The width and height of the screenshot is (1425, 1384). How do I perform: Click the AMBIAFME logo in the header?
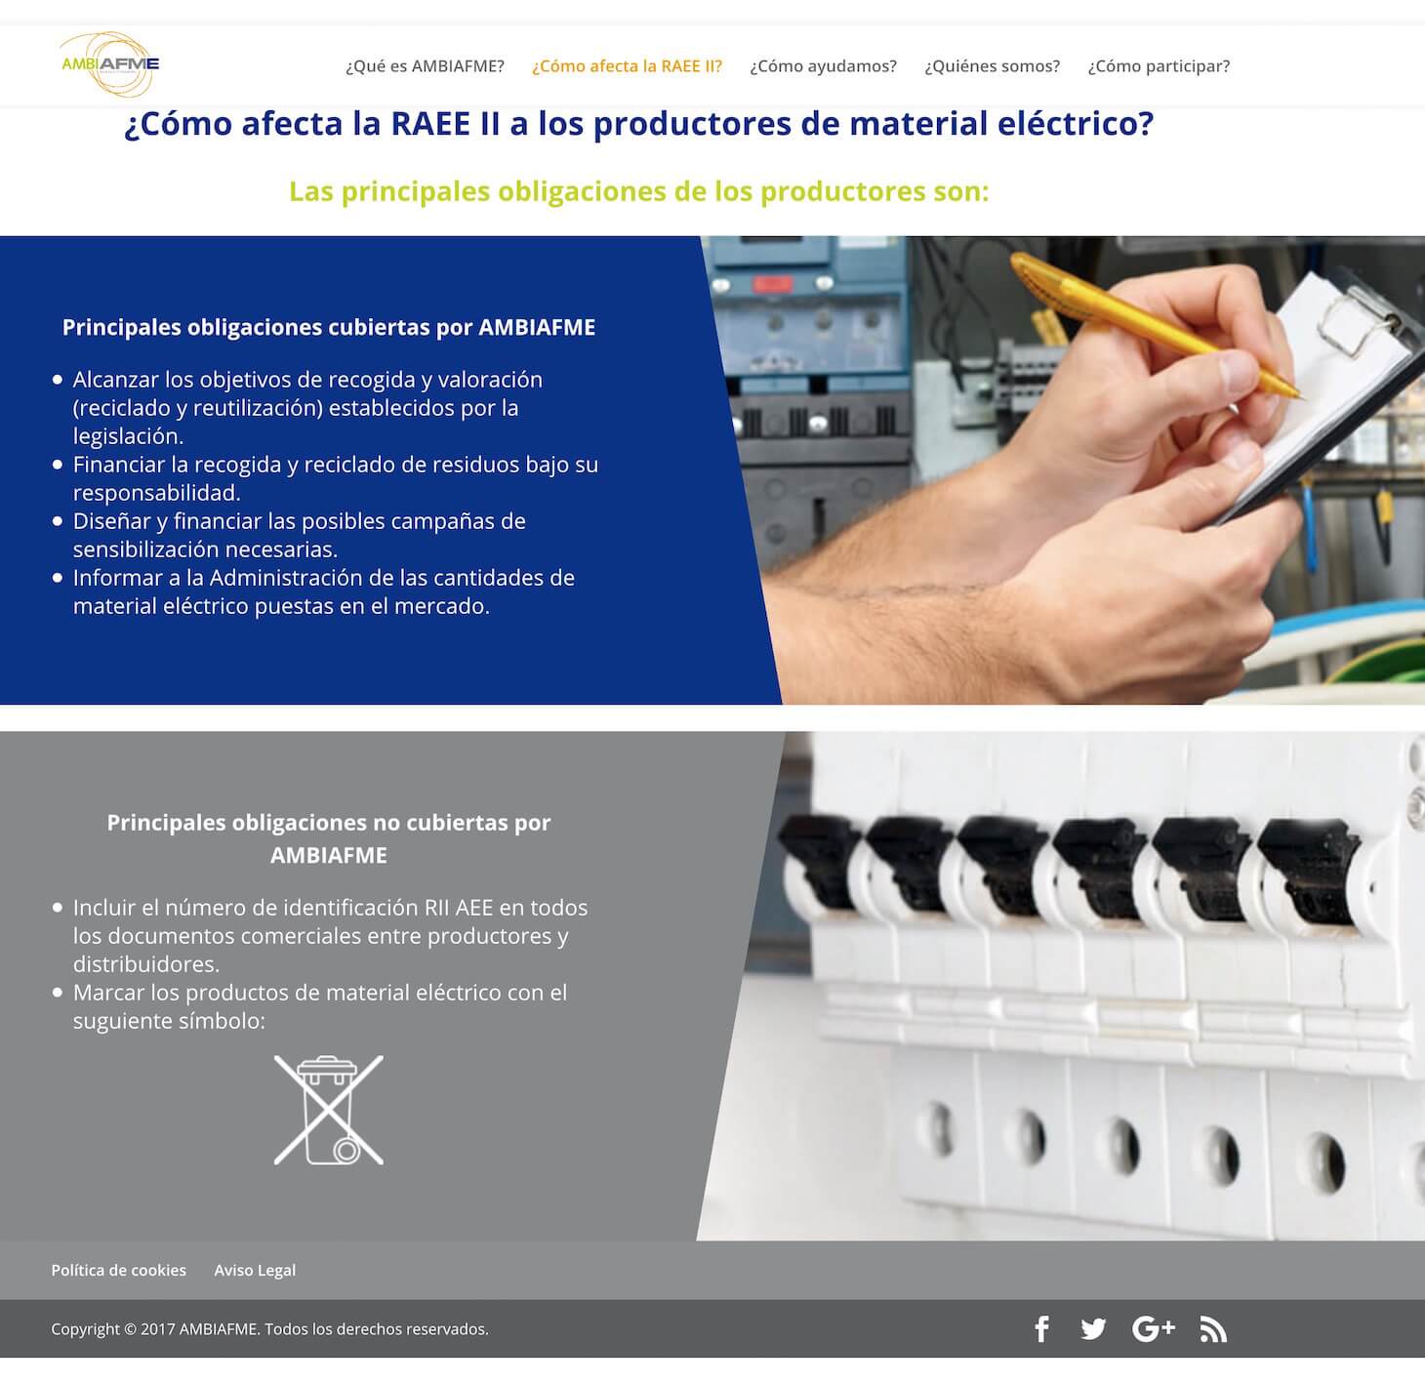click(110, 64)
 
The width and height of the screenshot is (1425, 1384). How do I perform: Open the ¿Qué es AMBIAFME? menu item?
click(425, 66)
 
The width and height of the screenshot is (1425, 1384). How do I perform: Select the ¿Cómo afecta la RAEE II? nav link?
click(627, 66)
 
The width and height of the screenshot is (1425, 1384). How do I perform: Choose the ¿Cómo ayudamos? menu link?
click(823, 66)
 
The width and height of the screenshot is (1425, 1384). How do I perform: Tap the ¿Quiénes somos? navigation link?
click(993, 66)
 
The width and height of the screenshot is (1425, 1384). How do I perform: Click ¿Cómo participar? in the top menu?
click(1159, 66)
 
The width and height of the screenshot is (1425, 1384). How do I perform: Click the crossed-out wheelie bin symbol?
click(329, 1110)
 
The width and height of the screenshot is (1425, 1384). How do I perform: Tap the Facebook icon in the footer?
click(1042, 1328)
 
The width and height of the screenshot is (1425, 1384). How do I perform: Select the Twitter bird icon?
click(1093, 1328)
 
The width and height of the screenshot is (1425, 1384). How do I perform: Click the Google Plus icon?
click(1154, 1328)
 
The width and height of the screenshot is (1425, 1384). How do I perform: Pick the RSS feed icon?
click(1213, 1329)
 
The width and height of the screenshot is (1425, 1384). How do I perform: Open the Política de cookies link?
click(119, 1270)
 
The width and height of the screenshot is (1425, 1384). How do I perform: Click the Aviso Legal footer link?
click(255, 1270)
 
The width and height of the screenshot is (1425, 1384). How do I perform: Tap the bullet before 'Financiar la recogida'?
click(58, 465)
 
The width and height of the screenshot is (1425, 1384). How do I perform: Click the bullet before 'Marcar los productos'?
click(58, 993)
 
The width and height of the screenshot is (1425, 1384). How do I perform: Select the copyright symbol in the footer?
click(131, 1329)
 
